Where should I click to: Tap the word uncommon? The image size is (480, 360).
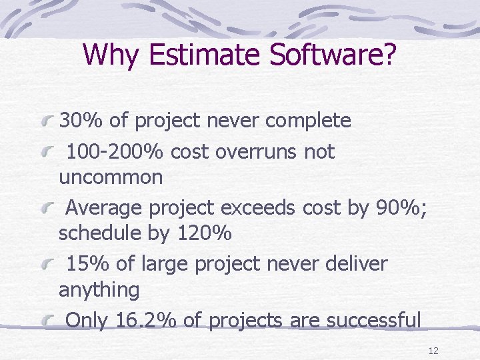click(111, 177)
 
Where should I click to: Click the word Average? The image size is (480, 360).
click(105, 208)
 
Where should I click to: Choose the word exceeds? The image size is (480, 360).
click(258, 208)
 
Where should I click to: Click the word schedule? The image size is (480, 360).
click(97, 234)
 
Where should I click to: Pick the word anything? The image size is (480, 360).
click(99, 290)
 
